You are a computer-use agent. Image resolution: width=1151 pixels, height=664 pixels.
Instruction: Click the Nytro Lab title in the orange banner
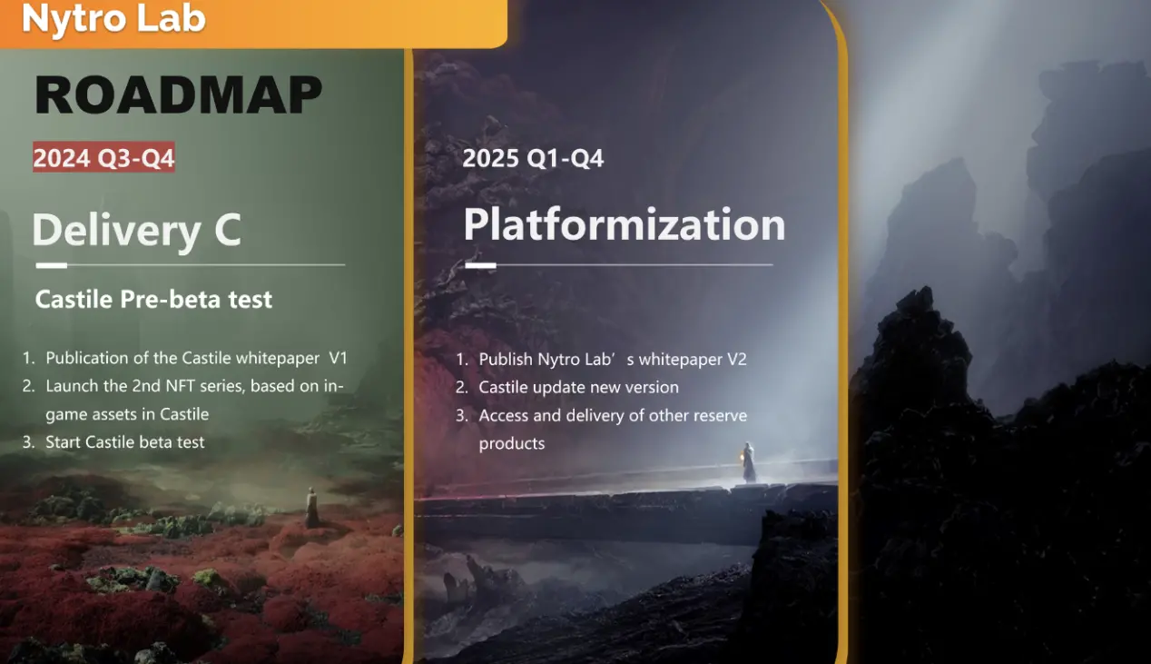(x=113, y=18)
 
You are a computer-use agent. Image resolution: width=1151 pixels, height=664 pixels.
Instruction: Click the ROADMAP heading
(x=178, y=94)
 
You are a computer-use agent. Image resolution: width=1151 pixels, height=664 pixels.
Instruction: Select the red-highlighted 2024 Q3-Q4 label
(x=103, y=157)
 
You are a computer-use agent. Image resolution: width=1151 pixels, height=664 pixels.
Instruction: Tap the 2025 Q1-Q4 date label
(x=533, y=158)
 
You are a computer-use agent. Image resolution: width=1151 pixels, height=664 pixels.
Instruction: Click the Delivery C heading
(x=137, y=230)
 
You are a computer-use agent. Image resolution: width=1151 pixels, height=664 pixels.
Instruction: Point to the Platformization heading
(x=625, y=224)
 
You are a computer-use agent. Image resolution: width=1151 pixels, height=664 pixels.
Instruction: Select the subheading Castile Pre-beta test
(x=153, y=300)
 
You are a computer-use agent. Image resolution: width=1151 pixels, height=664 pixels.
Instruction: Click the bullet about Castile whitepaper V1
(x=196, y=358)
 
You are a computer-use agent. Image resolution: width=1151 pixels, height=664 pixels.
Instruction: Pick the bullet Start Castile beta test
(x=125, y=442)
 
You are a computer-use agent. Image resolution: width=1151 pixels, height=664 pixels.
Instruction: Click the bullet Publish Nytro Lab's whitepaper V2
(x=613, y=359)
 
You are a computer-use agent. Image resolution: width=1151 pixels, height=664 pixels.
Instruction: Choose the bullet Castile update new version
(x=578, y=387)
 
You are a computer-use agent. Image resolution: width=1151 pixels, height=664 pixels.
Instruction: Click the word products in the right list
(x=512, y=443)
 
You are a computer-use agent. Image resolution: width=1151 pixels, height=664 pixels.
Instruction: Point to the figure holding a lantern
(x=749, y=462)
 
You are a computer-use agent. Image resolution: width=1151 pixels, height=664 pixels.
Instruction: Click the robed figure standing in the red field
(x=311, y=507)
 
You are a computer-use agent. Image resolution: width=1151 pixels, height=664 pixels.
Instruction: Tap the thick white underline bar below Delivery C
(x=52, y=265)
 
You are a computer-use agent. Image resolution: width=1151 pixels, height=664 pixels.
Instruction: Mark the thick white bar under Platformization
(x=480, y=265)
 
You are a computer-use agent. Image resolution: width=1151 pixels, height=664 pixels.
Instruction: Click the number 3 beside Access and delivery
(x=461, y=416)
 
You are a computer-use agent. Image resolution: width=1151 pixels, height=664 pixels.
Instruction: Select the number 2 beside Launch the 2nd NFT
(x=28, y=386)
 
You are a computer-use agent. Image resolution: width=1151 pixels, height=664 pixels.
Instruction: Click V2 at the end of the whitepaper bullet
(x=736, y=359)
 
